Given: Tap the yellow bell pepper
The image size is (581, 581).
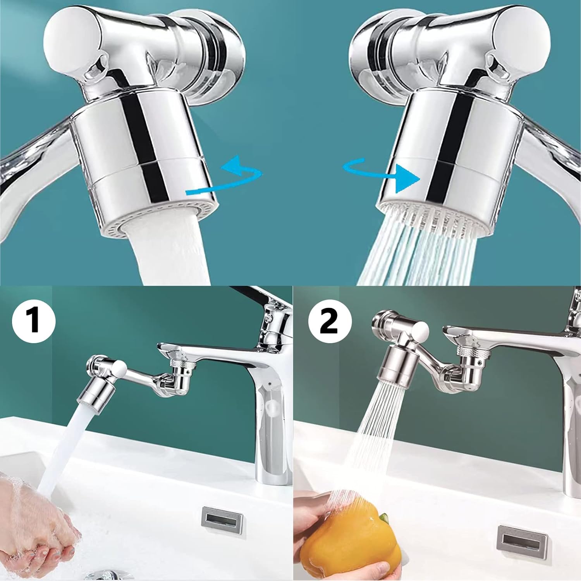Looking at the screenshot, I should pos(349,542).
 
